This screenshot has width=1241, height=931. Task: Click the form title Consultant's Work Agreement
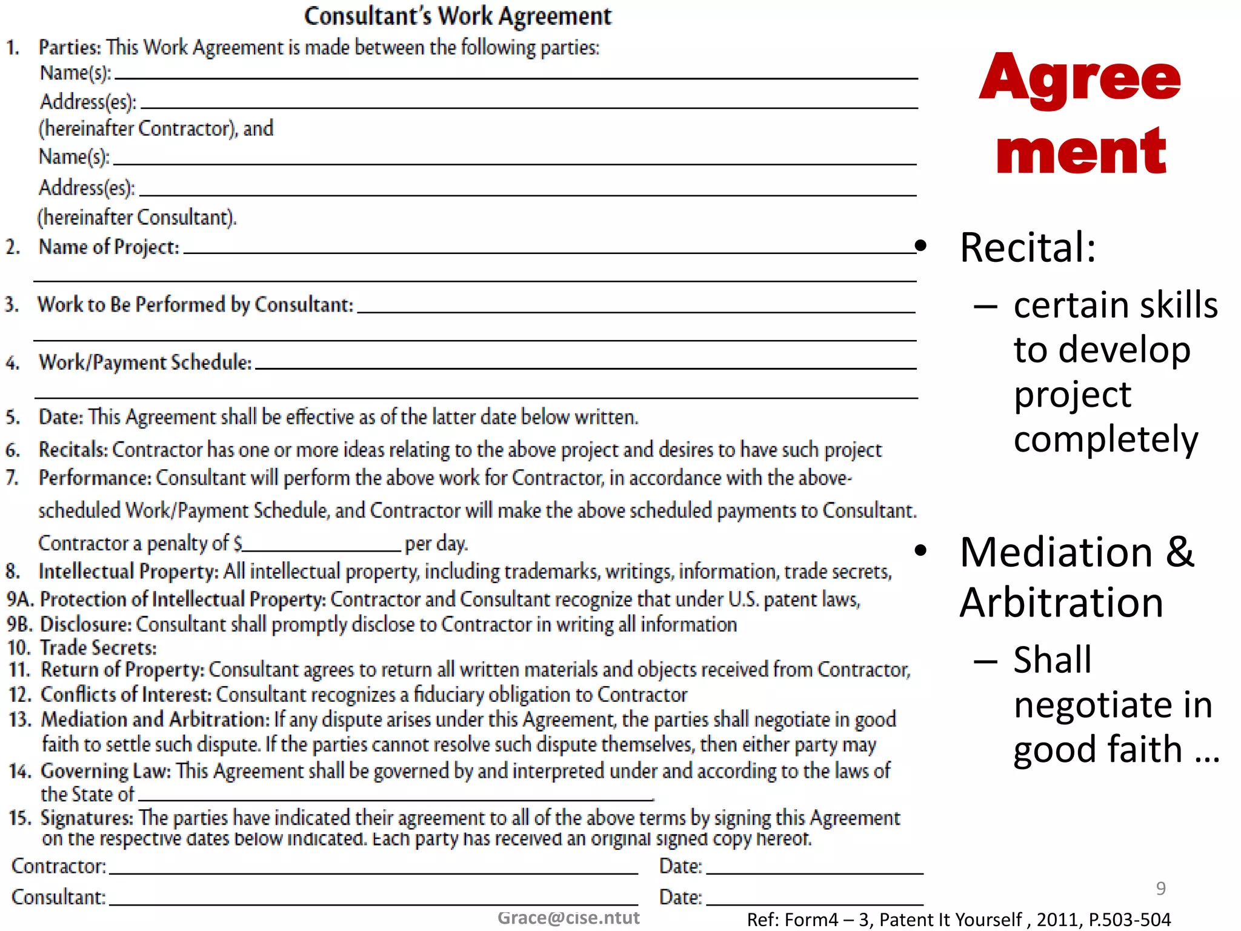(x=457, y=16)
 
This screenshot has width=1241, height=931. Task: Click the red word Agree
(x=1080, y=79)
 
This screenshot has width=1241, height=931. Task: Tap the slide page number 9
(x=1160, y=889)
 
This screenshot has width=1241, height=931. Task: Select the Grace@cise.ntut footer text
(x=568, y=918)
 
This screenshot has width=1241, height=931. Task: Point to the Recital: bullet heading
(x=1028, y=248)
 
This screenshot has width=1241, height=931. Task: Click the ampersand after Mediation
(x=1180, y=552)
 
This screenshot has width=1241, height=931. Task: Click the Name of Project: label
(x=109, y=247)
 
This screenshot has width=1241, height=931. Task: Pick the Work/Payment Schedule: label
(x=145, y=362)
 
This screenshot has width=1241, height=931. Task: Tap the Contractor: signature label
(x=59, y=866)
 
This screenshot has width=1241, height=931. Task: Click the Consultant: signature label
(x=59, y=897)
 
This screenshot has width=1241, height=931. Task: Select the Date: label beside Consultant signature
(x=680, y=897)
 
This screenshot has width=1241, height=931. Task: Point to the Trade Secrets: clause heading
(x=98, y=648)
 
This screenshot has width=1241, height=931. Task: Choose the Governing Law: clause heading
(x=106, y=771)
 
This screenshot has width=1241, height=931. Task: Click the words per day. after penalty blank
(x=436, y=543)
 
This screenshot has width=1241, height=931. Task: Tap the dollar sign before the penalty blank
(x=238, y=543)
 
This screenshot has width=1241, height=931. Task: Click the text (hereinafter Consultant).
(x=138, y=217)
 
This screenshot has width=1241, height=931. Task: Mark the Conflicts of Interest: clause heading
(x=125, y=695)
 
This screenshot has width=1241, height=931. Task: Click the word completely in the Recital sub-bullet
(x=1106, y=439)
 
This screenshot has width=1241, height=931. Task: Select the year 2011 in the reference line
(x=1057, y=919)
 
